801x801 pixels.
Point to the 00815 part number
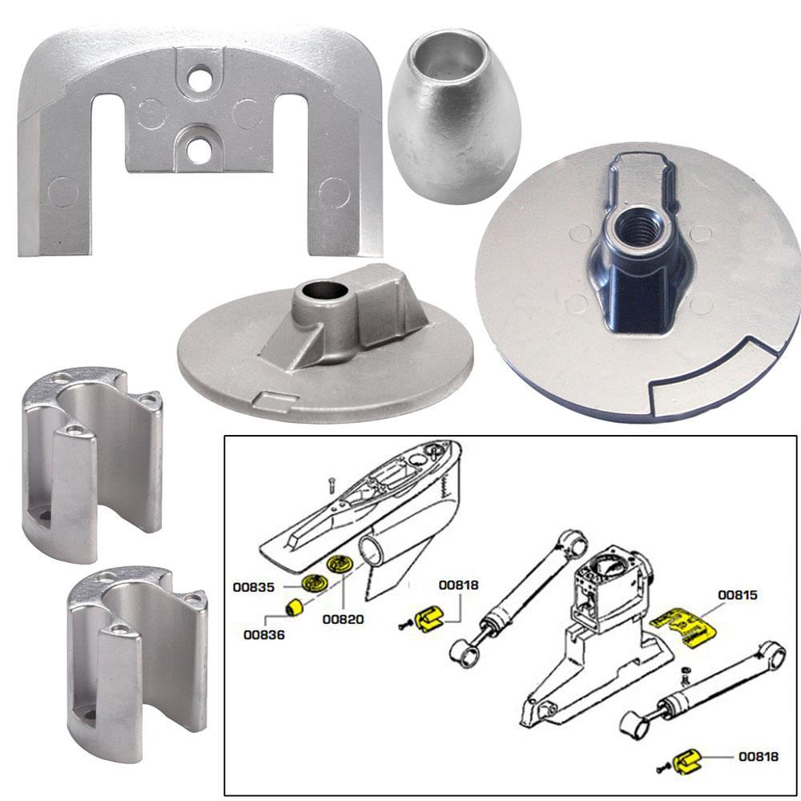pos(739,595)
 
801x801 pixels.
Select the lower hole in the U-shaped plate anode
pos(194,146)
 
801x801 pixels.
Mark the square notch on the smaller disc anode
pos(266,396)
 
